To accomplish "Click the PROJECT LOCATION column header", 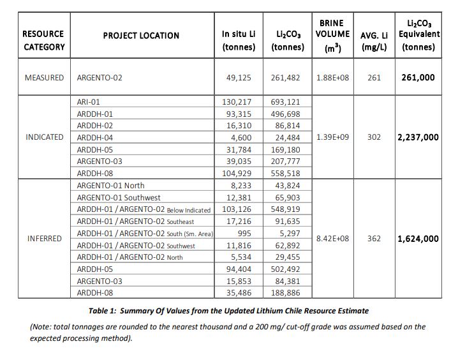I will click(141, 36).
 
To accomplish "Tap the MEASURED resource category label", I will click(44, 78).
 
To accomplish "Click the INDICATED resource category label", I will click(45, 137).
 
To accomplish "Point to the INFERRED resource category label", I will click(45, 239).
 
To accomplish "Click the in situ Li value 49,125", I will click(239, 78).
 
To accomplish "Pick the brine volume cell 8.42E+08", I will click(332, 239).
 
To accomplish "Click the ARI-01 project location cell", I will click(89, 101).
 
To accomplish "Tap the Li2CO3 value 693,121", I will click(286, 101).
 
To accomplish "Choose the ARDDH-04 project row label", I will click(95, 137).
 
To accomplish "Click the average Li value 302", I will click(374, 137).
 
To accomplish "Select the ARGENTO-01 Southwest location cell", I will click(119, 198).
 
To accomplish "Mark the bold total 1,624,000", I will click(418, 239).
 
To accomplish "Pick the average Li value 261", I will click(374, 78).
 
